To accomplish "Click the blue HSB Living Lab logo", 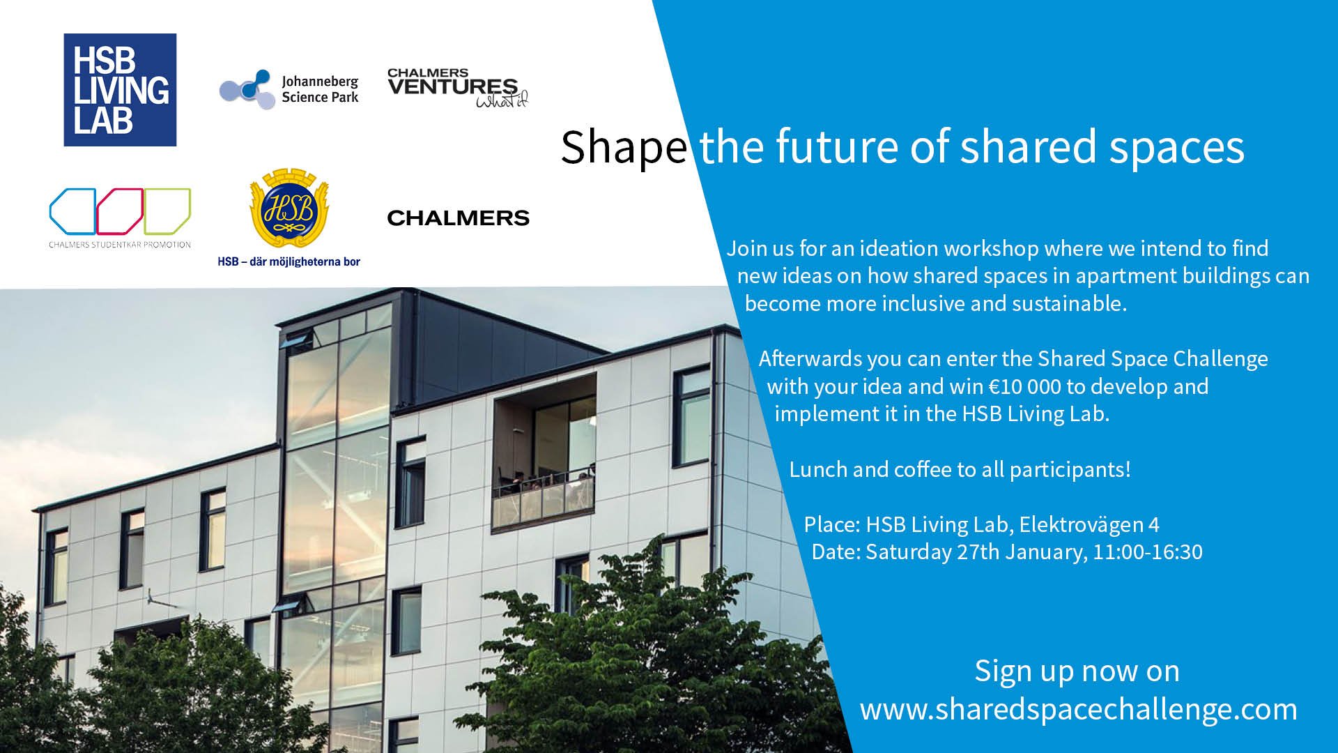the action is (120, 90).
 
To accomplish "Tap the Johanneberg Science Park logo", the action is (289, 90).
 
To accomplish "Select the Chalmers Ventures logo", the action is (458, 88).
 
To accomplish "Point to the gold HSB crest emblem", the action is (289, 207).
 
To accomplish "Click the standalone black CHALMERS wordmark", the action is (458, 218).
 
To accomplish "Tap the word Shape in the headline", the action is (624, 147).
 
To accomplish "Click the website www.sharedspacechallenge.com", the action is (1079, 709).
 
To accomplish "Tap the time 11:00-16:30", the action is (1148, 552).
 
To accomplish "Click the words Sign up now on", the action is (1077, 671).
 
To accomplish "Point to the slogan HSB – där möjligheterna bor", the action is (289, 262).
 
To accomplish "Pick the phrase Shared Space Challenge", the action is (1153, 358).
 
